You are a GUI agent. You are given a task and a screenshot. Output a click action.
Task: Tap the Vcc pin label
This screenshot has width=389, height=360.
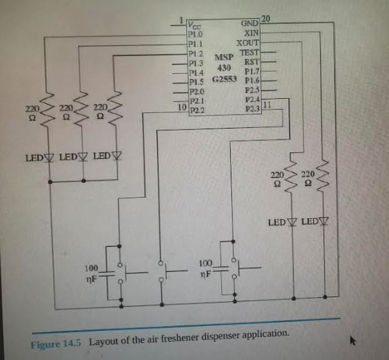click(x=193, y=24)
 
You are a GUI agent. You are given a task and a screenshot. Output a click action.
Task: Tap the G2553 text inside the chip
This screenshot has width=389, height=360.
click(x=223, y=79)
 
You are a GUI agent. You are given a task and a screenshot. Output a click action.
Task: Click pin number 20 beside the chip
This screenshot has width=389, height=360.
click(x=265, y=18)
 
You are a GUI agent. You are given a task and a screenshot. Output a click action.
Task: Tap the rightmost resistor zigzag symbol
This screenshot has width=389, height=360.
click(x=323, y=177)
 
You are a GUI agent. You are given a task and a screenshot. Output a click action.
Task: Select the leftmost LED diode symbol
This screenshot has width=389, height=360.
click(x=49, y=158)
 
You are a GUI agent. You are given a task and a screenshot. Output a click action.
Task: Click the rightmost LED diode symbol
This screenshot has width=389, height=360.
click(x=323, y=222)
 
